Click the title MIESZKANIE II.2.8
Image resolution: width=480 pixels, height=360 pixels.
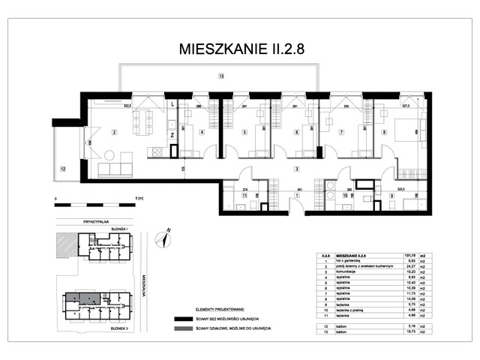[241, 49]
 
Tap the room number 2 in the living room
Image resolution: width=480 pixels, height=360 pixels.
[113, 133]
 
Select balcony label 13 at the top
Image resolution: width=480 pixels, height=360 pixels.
[220, 76]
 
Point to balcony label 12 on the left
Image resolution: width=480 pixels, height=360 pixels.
[63, 169]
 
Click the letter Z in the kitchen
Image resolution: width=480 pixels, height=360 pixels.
[172, 134]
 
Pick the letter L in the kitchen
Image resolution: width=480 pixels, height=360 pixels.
[172, 104]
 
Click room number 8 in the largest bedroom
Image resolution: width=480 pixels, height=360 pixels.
[384, 133]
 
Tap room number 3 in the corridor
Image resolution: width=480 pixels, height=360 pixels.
[297, 169]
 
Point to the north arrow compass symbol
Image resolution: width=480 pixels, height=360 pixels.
[160, 239]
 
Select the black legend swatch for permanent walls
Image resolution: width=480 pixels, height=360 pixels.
[187, 318]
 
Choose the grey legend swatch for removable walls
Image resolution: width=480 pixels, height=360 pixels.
[187, 328]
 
